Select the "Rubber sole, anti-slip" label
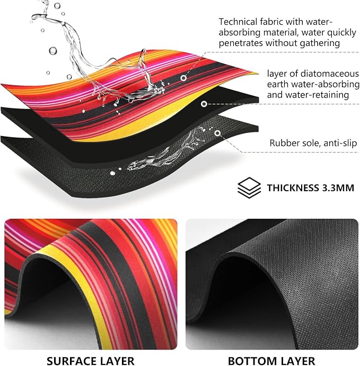click(313, 143)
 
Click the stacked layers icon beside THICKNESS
click(249, 188)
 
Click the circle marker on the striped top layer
click(183, 78)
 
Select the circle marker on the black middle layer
click(204, 104)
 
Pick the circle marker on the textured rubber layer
click(217, 133)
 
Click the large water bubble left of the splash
click(53, 51)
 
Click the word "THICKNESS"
click(293, 188)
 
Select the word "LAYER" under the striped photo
click(118, 361)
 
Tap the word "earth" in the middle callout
click(278, 84)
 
